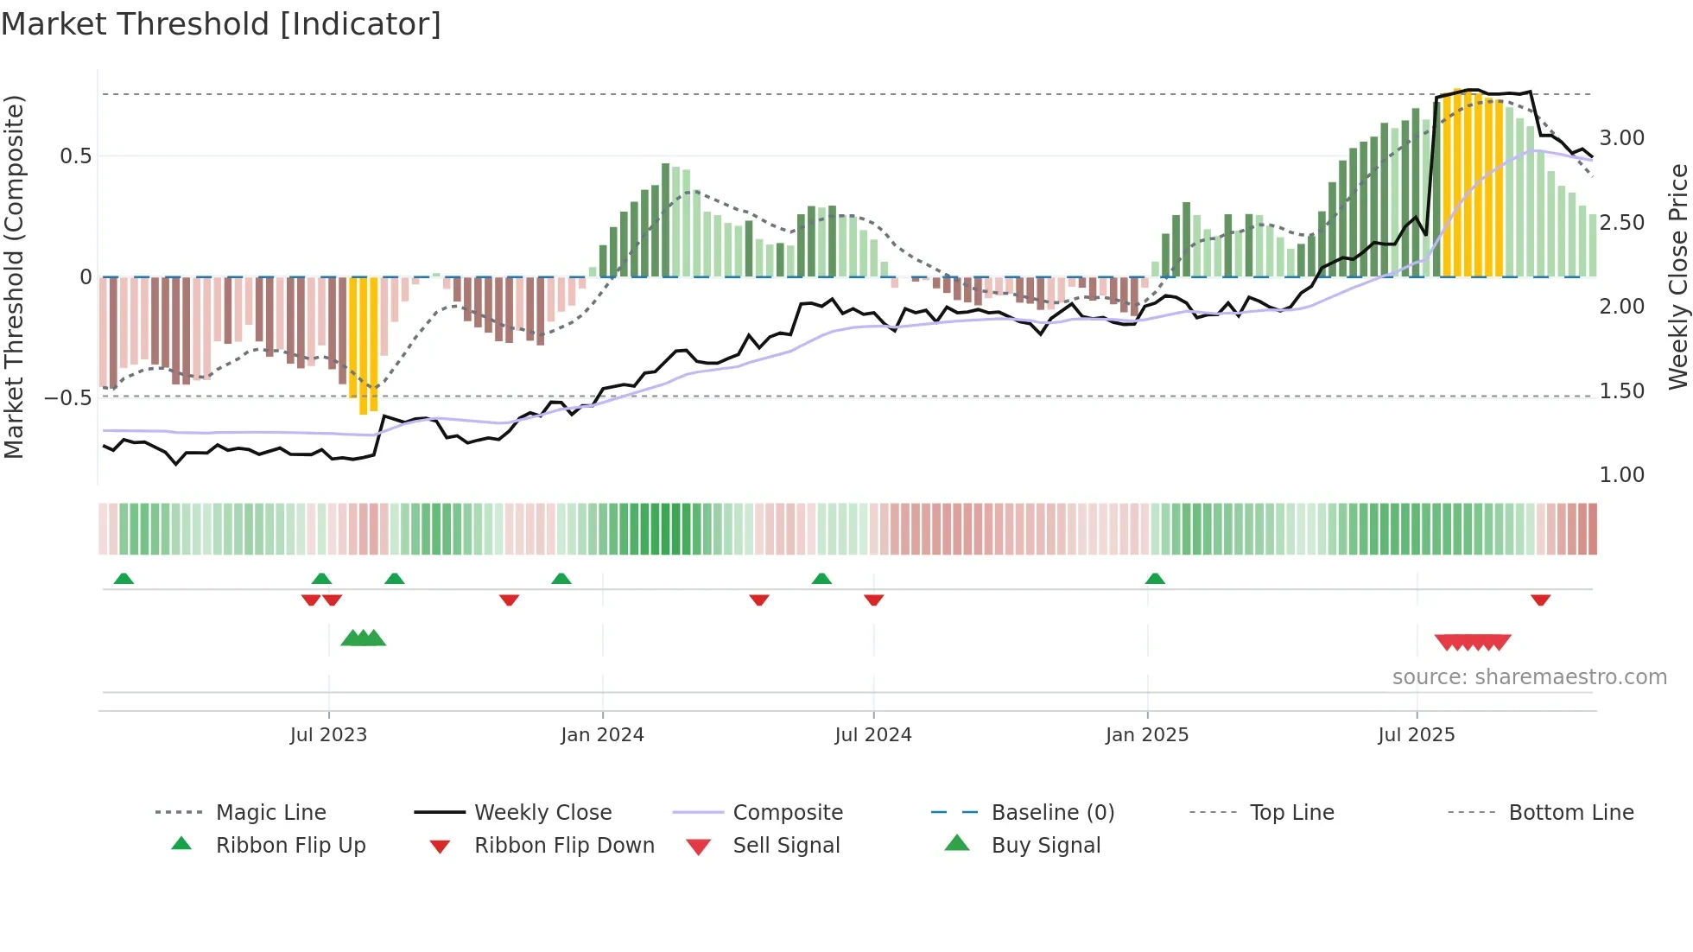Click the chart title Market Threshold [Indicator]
tap(221, 24)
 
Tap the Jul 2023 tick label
tap(328, 735)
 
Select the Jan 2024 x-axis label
tap(602, 735)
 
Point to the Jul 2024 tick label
tap(872, 735)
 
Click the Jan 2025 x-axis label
tap(1146, 735)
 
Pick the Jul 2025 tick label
tap(1416, 735)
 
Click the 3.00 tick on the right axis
tap(1621, 138)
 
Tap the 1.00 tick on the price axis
tap(1621, 475)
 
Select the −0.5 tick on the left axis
tap(67, 398)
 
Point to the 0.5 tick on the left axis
tap(75, 156)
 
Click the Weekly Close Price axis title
tap(1677, 276)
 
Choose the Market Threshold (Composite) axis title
tap(14, 276)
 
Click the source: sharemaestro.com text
tap(1529, 677)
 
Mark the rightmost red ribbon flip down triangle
tap(1540, 600)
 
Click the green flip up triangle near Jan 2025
tap(1155, 579)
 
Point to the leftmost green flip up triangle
tap(124, 579)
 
